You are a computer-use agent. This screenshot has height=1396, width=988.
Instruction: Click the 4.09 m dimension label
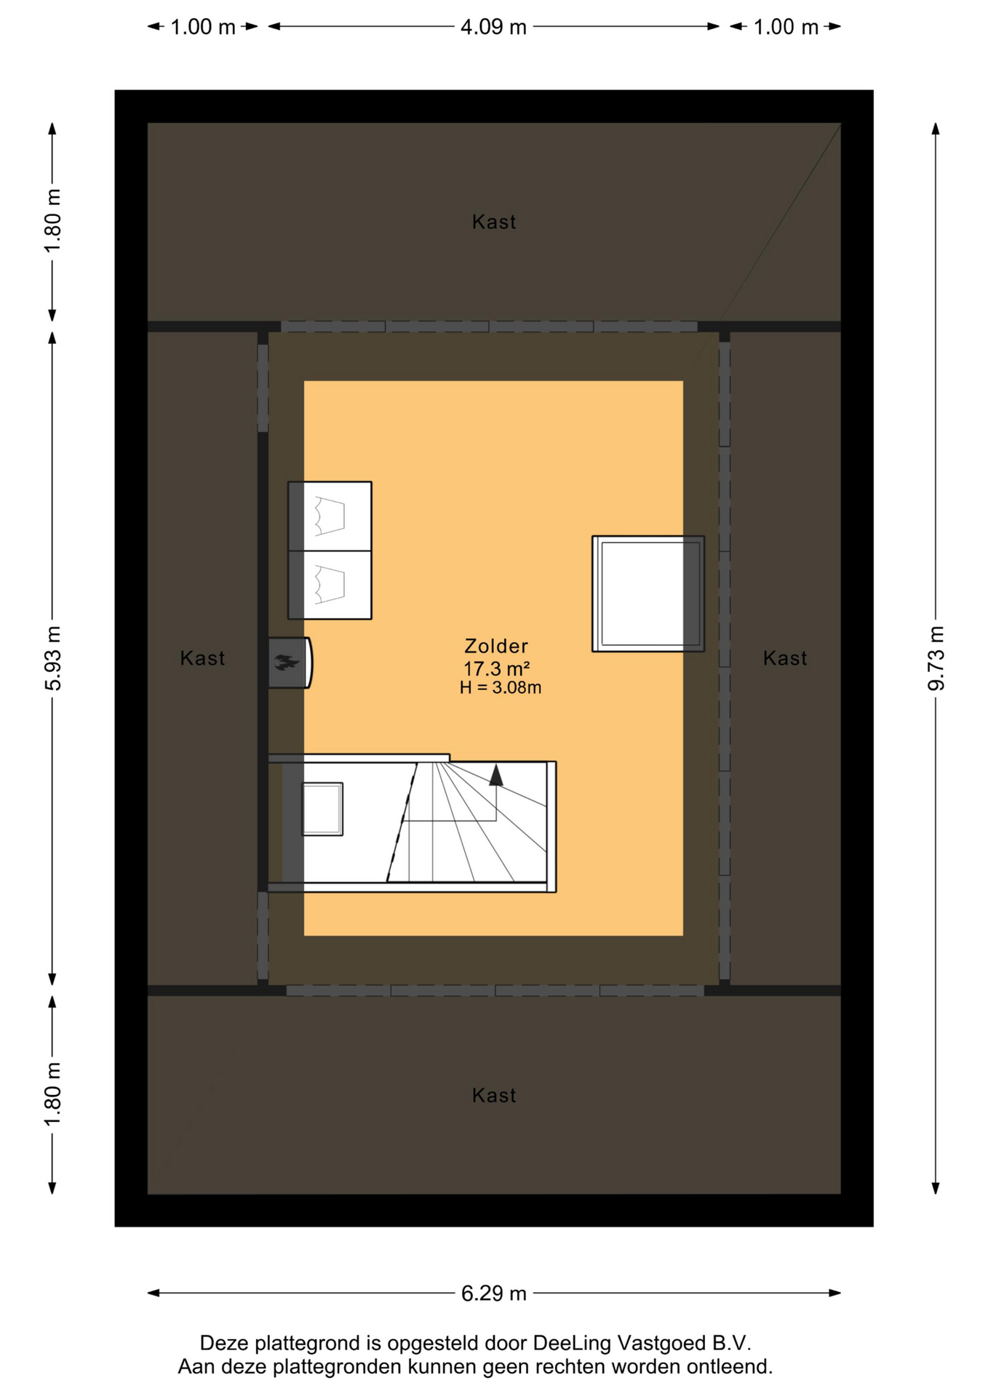coord(493,27)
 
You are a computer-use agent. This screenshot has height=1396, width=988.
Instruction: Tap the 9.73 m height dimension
coord(936,658)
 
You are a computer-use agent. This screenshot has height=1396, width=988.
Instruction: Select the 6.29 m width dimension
coord(493,1293)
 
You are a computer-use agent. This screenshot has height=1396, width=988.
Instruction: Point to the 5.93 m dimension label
coord(52,658)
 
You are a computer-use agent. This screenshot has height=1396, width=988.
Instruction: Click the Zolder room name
coord(496,646)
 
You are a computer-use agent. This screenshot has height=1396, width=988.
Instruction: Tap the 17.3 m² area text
coord(496,668)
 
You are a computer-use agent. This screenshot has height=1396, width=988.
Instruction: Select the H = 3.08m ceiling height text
coord(500,687)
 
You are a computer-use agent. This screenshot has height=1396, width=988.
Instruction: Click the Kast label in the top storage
coord(494,222)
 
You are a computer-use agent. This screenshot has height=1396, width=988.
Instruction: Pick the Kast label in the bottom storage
coord(494,1096)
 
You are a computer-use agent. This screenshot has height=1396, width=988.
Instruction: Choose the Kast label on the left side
coord(202,658)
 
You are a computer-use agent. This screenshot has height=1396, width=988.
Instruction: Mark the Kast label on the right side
coord(785,658)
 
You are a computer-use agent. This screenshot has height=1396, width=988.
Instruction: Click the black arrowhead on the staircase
coord(496,775)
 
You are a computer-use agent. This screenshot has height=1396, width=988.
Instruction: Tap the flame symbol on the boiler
coord(287,662)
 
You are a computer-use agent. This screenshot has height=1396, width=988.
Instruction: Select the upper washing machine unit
coord(330,516)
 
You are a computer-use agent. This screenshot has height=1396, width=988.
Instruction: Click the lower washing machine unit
coord(330,585)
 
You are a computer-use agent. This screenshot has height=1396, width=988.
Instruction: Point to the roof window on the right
coord(648,594)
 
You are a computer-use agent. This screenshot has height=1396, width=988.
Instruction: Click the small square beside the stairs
coord(322,809)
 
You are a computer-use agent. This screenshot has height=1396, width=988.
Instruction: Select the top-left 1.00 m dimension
coord(203,27)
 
